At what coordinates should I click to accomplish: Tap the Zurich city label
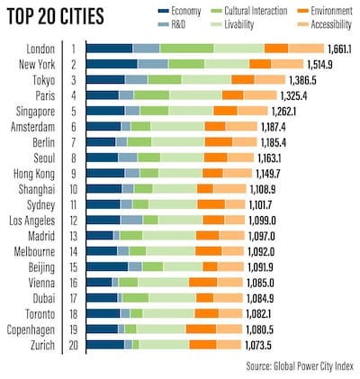(x=44, y=345)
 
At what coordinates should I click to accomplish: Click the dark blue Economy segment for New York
(x=112, y=64)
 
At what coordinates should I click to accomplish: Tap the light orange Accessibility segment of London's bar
(x=306, y=48)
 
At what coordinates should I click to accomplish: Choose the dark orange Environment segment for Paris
(x=232, y=95)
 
